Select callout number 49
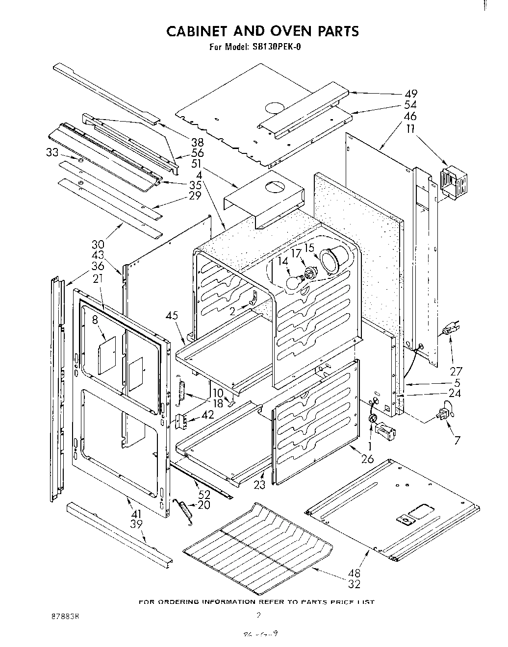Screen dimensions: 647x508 coord(410,94)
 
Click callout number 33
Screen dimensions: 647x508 coord(52,152)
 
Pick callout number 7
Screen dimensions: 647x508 coord(457,440)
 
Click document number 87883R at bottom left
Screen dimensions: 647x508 coord(62,615)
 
